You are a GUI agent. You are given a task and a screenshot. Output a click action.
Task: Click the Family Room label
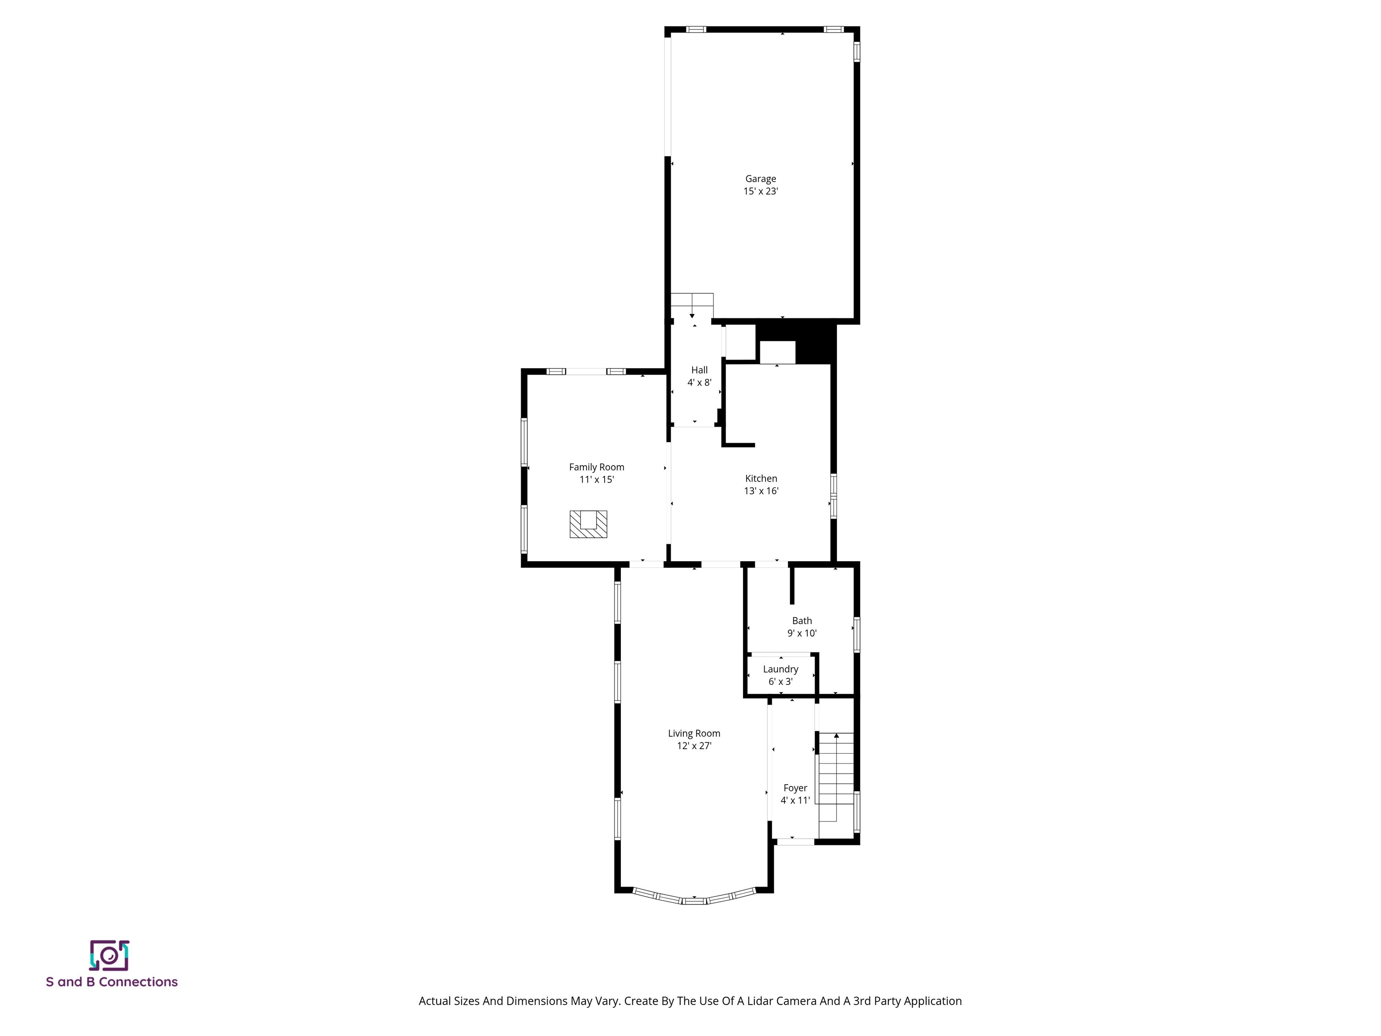click(596, 467)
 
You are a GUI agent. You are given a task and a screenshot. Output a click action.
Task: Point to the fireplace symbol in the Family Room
click(588, 524)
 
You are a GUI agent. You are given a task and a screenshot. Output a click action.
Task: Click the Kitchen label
click(761, 478)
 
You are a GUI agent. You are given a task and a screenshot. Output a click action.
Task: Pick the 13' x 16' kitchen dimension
click(761, 491)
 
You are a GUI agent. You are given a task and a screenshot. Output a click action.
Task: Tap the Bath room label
click(802, 621)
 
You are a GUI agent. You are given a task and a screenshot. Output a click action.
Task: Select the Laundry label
click(780, 669)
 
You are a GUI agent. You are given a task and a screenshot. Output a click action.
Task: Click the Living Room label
click(694, 733)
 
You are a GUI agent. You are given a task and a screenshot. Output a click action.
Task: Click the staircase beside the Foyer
click(835, 777)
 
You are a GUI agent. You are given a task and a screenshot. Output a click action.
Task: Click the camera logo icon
click(109, 956)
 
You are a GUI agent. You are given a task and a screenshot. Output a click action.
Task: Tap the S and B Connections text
click(112, 982)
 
